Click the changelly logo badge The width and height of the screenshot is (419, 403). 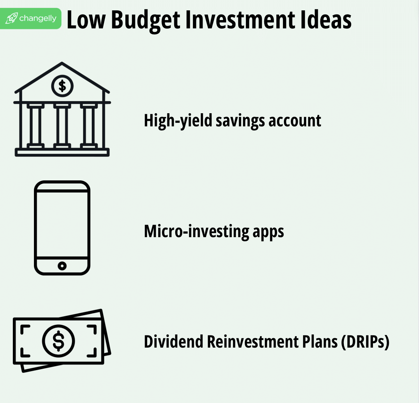point(31,18)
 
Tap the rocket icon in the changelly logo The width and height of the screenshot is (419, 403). point(11,18)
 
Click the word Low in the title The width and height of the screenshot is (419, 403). point(86,20)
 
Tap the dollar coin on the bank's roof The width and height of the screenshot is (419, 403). point(62,86)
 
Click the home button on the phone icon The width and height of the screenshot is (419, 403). point(62,266)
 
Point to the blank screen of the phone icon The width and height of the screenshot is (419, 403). point(62,224)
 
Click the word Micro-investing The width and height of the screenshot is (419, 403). point(196,232)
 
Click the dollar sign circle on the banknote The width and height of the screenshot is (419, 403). point(58,341)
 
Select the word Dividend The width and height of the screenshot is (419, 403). point(173,342)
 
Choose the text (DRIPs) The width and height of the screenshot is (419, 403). point(365,342)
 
